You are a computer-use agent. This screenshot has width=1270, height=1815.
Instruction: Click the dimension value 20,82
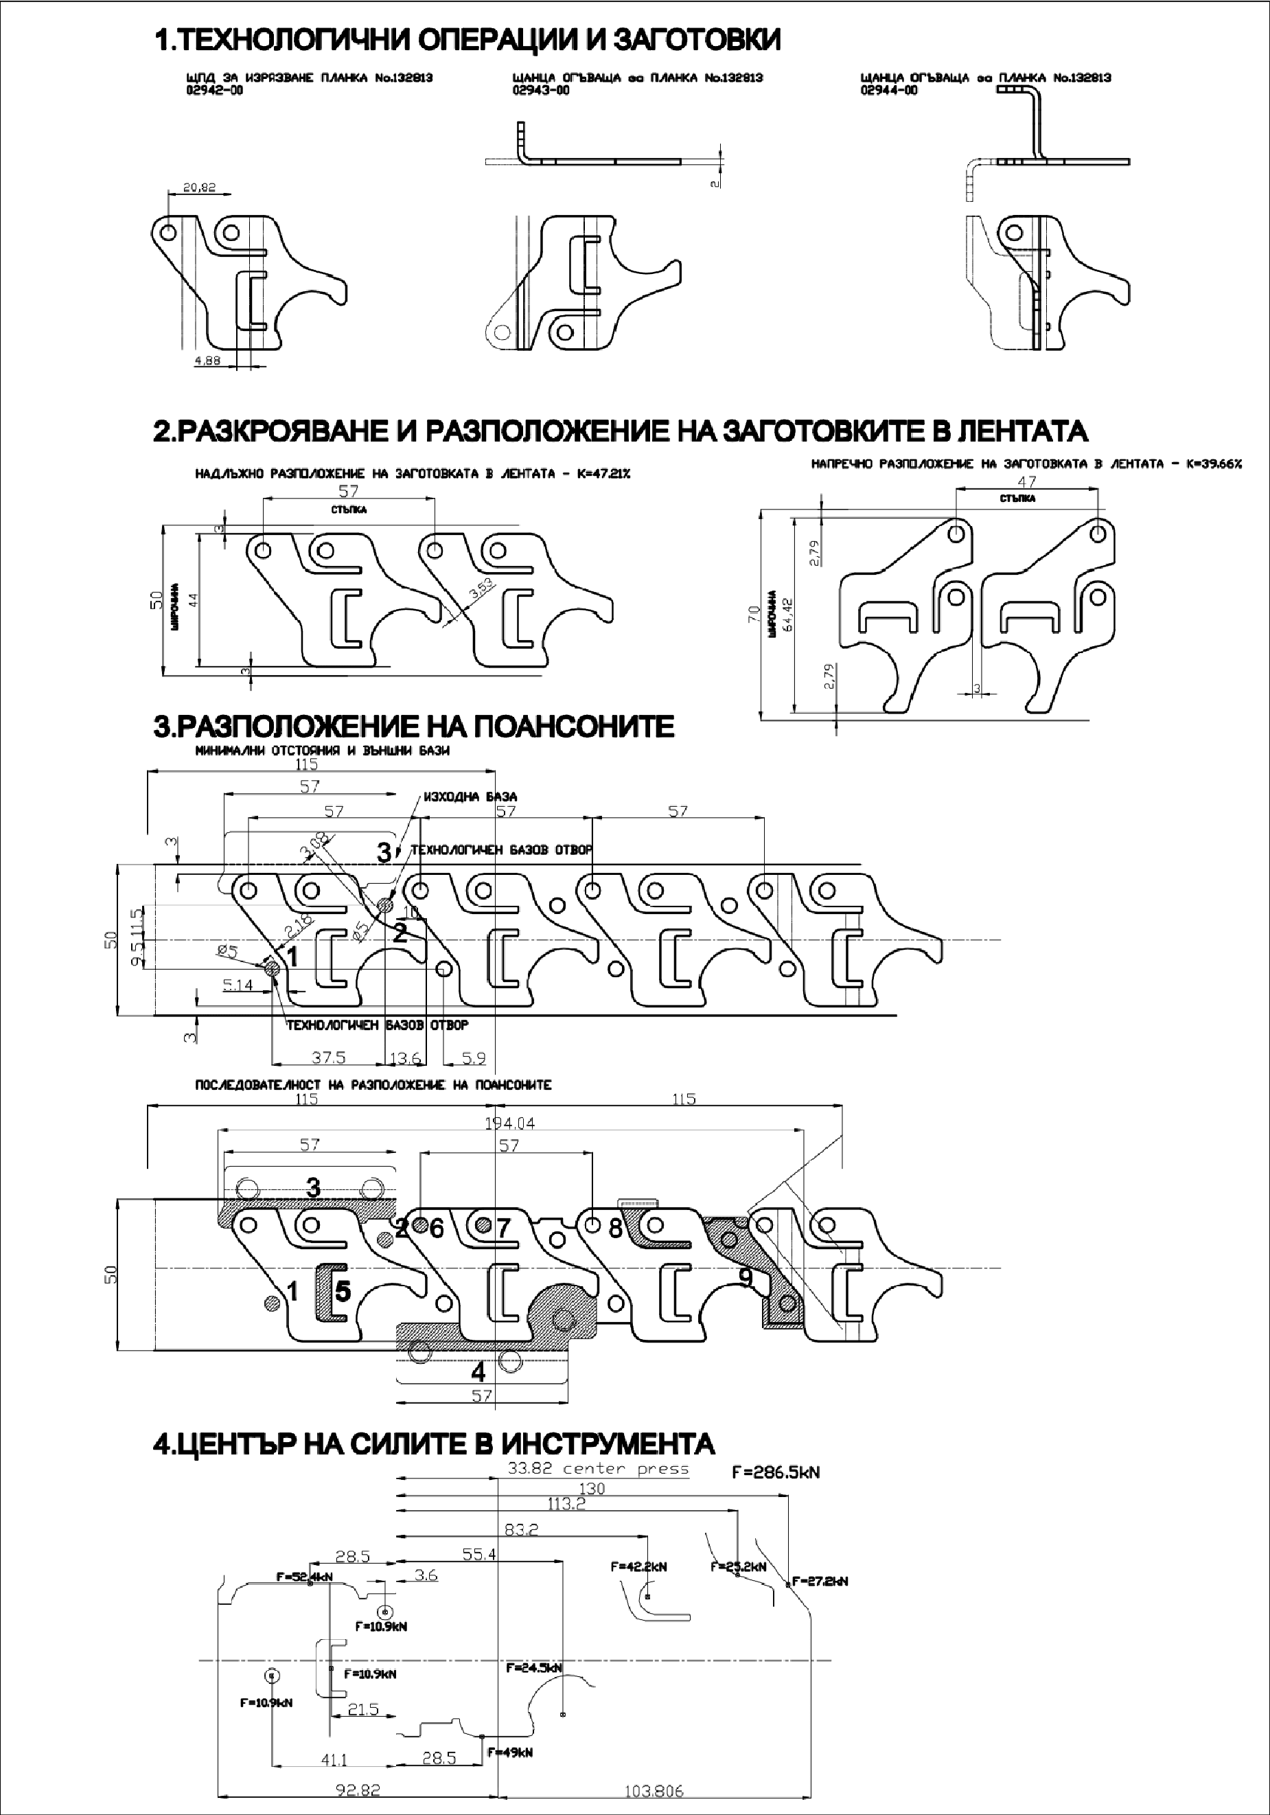[199, 188]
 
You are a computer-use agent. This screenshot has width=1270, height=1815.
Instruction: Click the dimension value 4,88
[207, 361]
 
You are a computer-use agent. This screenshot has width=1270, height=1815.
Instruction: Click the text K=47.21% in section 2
[601, 475]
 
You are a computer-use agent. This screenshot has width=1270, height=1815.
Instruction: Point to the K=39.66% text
[1213, 464]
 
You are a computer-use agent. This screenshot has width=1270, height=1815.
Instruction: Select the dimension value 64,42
[787, 615]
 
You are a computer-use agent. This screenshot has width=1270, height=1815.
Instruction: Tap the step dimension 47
[1026, 481]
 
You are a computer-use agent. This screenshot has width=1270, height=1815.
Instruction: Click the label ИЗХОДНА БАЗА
[470, 796]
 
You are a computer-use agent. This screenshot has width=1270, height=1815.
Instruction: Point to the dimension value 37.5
[328, 1058]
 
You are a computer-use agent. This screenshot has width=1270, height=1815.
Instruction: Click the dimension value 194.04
[510, 1123]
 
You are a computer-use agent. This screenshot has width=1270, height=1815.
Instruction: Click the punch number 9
[744, 1277]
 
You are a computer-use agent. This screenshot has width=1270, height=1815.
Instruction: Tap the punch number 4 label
[478, 1371]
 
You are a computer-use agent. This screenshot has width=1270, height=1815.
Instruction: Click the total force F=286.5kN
[775, 1473]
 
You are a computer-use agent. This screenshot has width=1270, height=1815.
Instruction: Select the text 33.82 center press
[597, 1469]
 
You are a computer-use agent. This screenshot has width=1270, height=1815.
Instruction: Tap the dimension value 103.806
[654, 1791]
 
